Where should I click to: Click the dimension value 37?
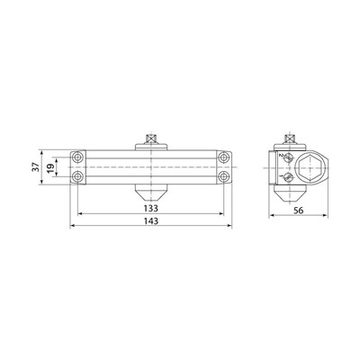(35, 166)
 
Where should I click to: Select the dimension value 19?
(50, 166)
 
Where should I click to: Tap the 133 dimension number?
(150, 208)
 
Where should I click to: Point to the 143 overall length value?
(150, 221)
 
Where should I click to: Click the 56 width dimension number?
(299, 211)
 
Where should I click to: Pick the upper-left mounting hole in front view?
(78, 157)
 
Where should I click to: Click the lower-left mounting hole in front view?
(78, 176)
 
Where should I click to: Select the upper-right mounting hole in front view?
(223, 157)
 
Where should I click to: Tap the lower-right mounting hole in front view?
(223, 176)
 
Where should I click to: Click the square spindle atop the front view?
(151, 139)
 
